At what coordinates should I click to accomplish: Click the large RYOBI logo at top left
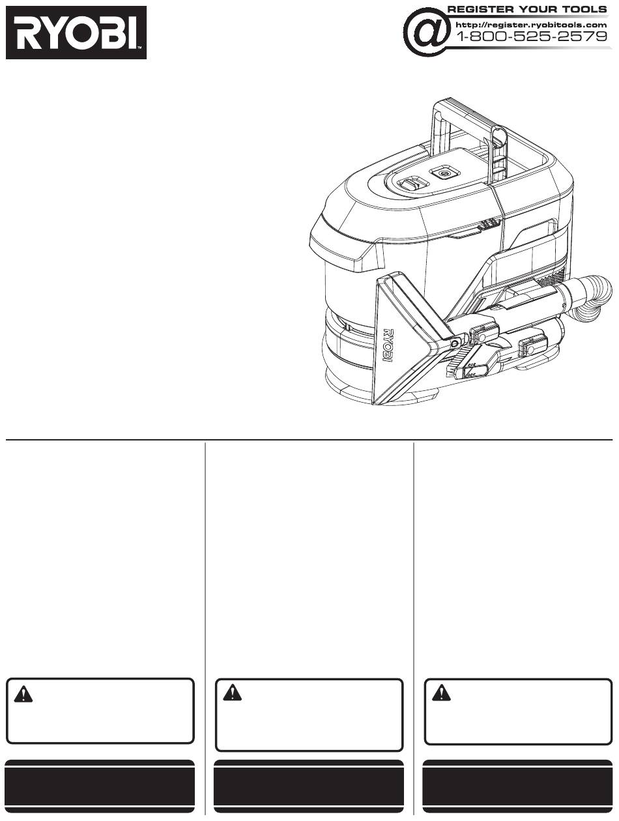click(x=76, y=33)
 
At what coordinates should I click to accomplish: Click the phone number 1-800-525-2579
click(x=532, y=36)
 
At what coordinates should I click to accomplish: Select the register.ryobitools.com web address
click(x=531, y=25)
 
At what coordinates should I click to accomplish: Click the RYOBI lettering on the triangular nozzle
click(x=390, y=345)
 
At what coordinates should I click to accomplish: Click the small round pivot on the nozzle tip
click(x=455, y=343)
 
